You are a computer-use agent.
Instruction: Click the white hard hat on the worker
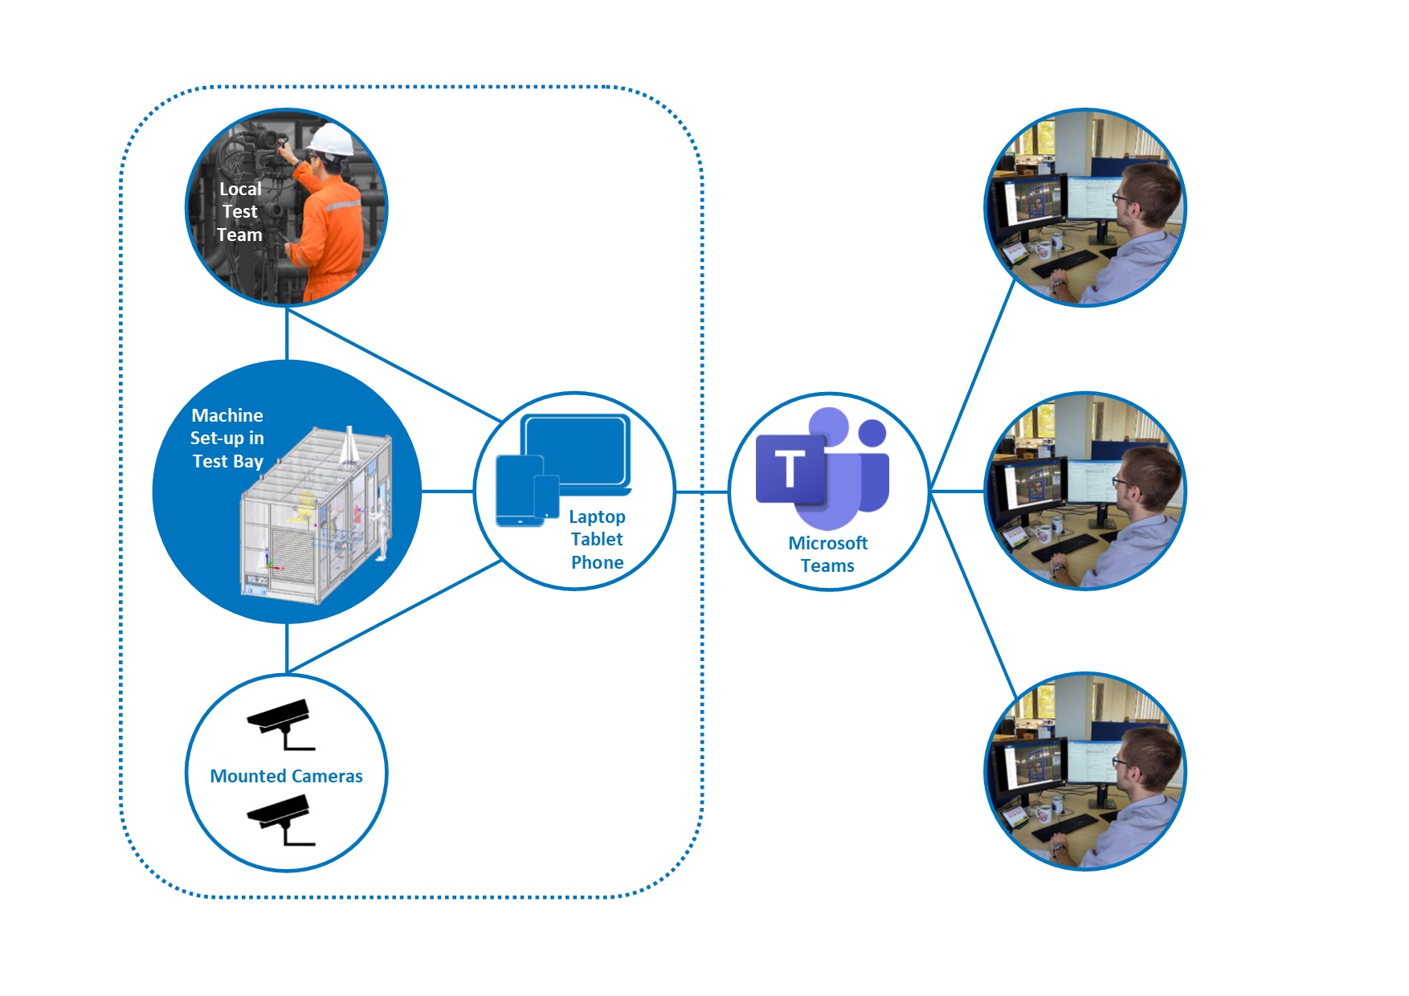[x=331, y=139]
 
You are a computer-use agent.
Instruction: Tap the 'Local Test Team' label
[x=239, y=212]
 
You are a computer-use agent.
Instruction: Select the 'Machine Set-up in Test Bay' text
[x=227, y=438]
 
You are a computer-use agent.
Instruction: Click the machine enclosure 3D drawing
[x=317, y=515]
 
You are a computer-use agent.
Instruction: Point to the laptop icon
[x=576, y=454]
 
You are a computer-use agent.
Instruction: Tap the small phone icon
[x=547, y=497]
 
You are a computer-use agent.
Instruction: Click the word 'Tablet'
[x=597, y=539]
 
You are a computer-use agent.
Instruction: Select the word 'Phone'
[x=597, y=562]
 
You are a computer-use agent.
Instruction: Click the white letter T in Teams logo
[x=790, y=468]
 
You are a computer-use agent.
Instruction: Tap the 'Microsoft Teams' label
[x=827, y=554]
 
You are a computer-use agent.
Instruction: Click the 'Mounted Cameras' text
[x=286, y=776]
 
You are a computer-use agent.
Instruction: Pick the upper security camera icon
[x=280, y=724]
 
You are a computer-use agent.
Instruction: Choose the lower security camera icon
[x=280, y=820]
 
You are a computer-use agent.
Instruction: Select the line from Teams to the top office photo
[x=973, y=385]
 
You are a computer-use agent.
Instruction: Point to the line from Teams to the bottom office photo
[x=973, y=595]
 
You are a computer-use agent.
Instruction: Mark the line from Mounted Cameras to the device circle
[x=394, y=616]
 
